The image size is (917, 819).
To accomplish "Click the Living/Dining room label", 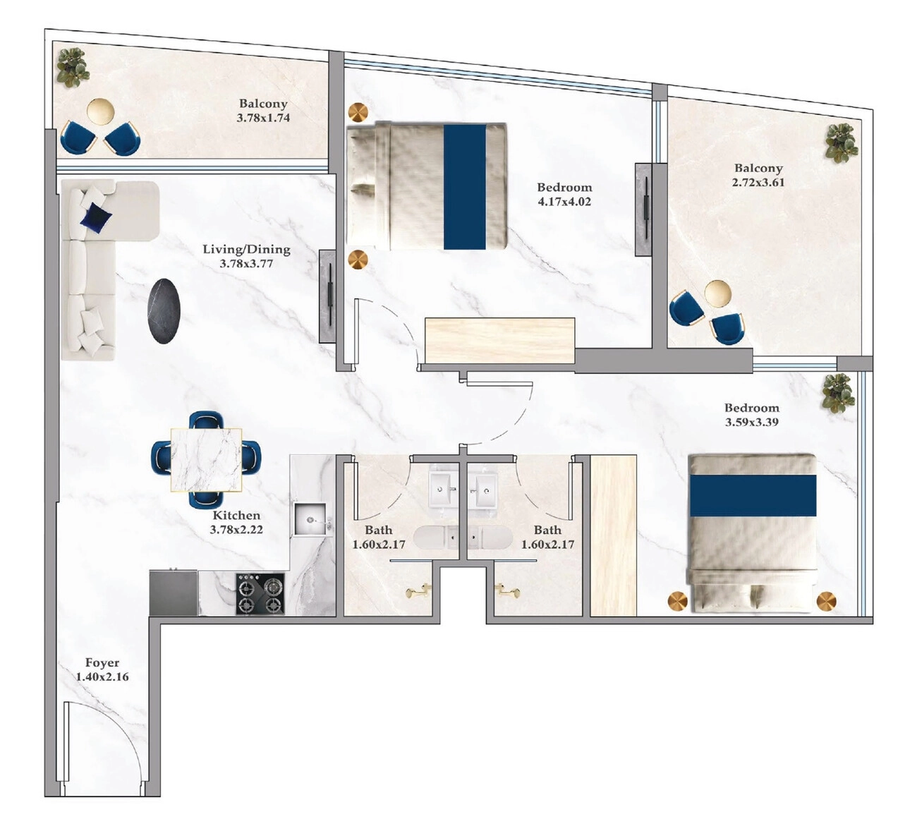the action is (x=246, y=249).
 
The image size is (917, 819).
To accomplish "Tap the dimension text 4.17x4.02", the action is (x=564, y=202).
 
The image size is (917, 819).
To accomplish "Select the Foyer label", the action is (x=102, y=663).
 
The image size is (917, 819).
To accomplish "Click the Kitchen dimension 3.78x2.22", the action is (x=236, y=529).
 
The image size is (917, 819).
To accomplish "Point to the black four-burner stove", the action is (x=260, y=594).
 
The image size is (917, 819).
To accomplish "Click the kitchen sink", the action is (x=310, y=519).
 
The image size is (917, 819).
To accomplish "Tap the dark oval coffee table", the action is (x=164, y=311).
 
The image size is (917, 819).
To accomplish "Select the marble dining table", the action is (x=206, y=460).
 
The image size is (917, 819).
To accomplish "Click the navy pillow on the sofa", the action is (x=95, y=218).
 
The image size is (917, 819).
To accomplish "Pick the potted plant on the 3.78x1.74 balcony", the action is (x=72, y=68).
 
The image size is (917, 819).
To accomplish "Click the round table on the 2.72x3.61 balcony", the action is (x=718, y=293).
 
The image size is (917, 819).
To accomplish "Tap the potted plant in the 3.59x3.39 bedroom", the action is (x=839, y=393).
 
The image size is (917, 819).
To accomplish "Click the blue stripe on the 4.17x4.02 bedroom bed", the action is (x=464, y=187).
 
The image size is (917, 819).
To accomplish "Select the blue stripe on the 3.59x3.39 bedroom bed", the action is (x=753, y=495).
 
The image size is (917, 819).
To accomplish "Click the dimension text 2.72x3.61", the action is (x=758, y=183).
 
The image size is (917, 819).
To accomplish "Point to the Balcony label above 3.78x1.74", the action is (x=263, y=104).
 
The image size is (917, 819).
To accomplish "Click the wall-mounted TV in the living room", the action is (x=327, y=296).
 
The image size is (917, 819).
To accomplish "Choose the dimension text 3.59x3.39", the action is (x=752, y=422).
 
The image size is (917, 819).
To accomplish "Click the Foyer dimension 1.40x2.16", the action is (x=102, y=677).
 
